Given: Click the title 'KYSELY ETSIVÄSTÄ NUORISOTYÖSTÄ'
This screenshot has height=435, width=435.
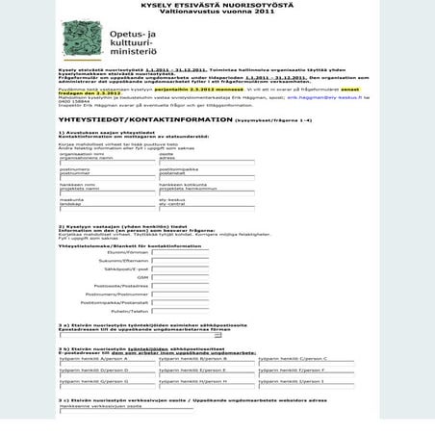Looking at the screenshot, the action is coord(217,5).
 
